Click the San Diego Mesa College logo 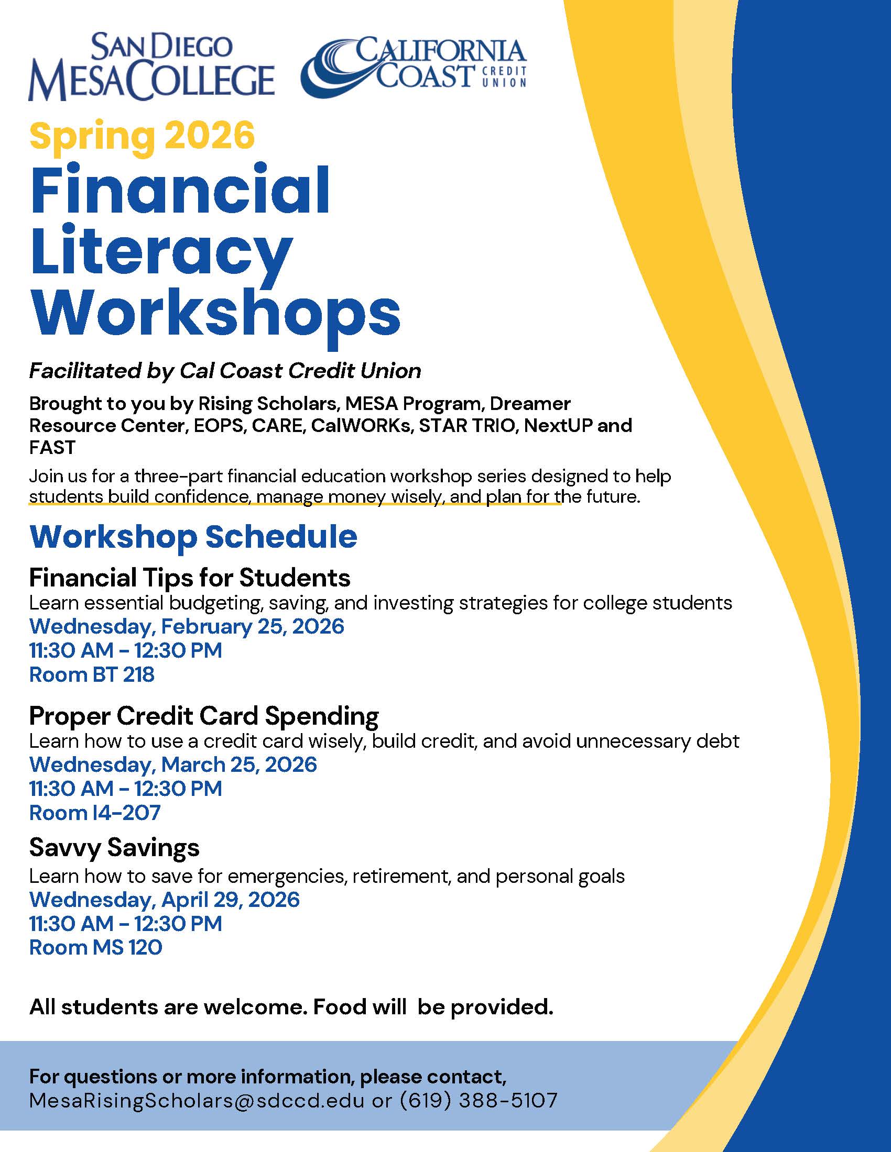tap(151, 68)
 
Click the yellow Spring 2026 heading tap(142, 136)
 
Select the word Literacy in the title tap(161, 250)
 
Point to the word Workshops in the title tap(215, 314)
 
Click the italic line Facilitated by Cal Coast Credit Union tap(225, 371)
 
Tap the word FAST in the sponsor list tap(52, 447)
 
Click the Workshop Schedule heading tap(193, 537)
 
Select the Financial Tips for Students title tap(190, 578)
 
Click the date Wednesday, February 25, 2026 tap(187, 626)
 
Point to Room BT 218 tap(92, 674)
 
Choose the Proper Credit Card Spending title tap(204, 716)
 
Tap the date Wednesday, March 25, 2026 tap(173, 765)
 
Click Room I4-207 tap(95, 813)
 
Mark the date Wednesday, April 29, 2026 tap(165, 899)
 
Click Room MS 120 tap(95, 948)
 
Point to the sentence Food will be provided tap(433, 1007)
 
